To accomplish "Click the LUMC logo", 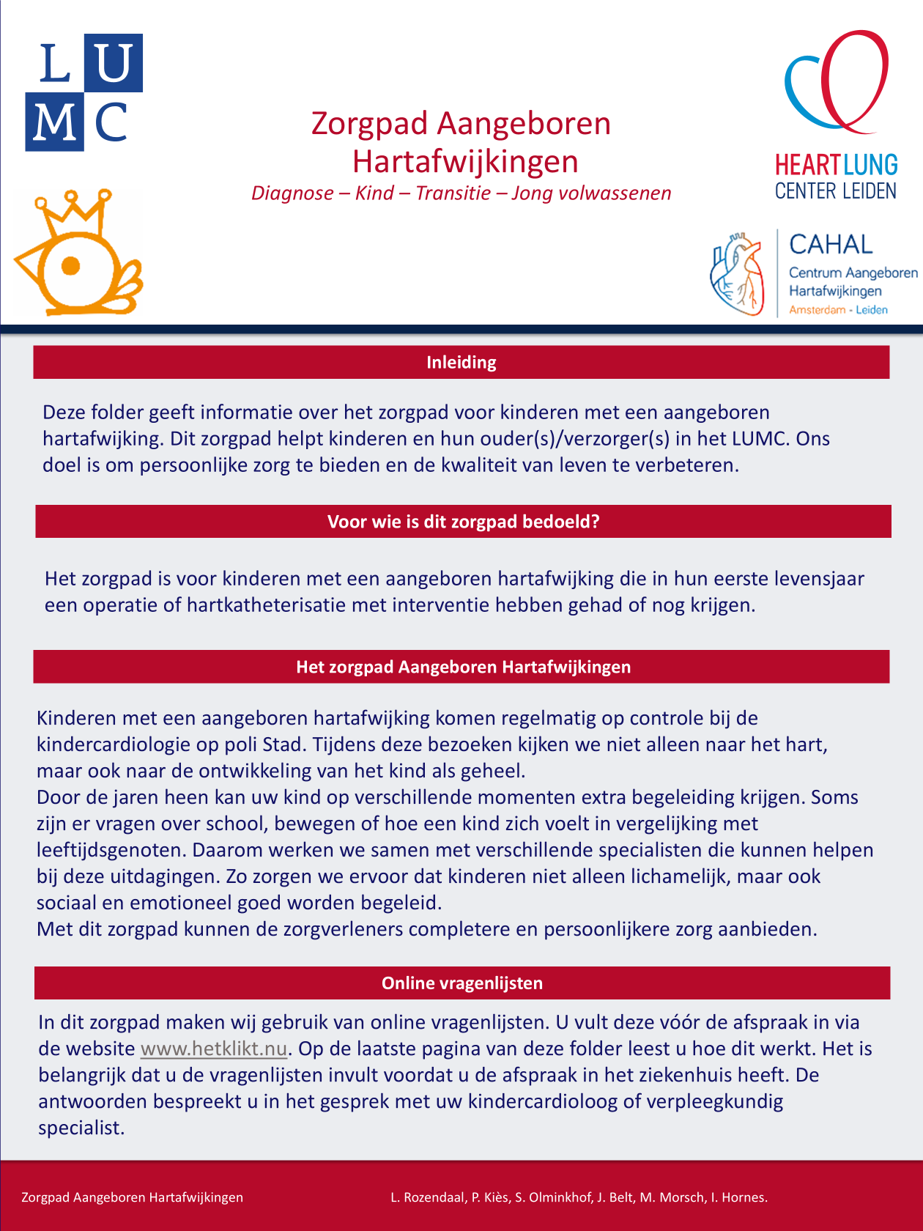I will click(84, 92).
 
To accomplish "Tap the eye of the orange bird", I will click(71, 265).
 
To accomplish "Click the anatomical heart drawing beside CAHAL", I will click(737, 273).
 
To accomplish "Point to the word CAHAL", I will click(831, 244).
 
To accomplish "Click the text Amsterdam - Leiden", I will click(838, 310).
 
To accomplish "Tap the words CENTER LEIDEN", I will click(836, 191).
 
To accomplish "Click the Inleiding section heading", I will click(461, 363).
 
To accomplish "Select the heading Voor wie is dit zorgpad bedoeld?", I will click(463, 522).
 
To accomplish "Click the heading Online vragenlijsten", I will click(461, 983).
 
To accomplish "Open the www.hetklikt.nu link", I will click(213, 1049).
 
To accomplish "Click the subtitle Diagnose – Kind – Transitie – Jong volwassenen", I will click(461, 193).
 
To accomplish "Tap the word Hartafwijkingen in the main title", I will click(465, 162).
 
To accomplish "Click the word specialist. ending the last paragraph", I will click(81, 1128).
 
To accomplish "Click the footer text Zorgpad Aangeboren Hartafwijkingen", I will click(132, 1197).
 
